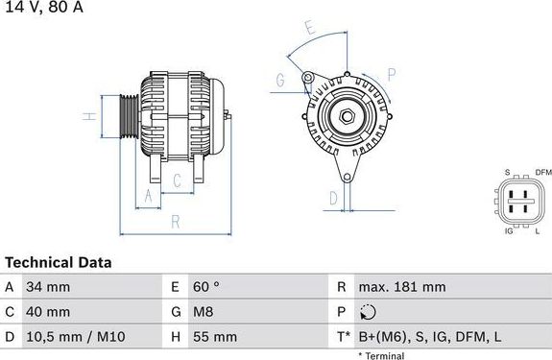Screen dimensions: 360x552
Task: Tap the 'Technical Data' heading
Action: [58, 262]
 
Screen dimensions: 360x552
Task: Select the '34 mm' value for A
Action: [49, 287]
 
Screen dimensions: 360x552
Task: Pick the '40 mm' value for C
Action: [49, 312]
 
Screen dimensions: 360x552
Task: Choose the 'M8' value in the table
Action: [202, 312]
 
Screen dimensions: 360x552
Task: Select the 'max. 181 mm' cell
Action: [400, 287]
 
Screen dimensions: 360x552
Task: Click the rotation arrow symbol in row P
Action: [367, 312]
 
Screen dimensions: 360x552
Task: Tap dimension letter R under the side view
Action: [176, 221]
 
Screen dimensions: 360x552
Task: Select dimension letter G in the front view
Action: [280, 79]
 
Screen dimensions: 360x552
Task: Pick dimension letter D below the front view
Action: [332, 198]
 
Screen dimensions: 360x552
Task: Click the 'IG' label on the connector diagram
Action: [509, 231]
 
